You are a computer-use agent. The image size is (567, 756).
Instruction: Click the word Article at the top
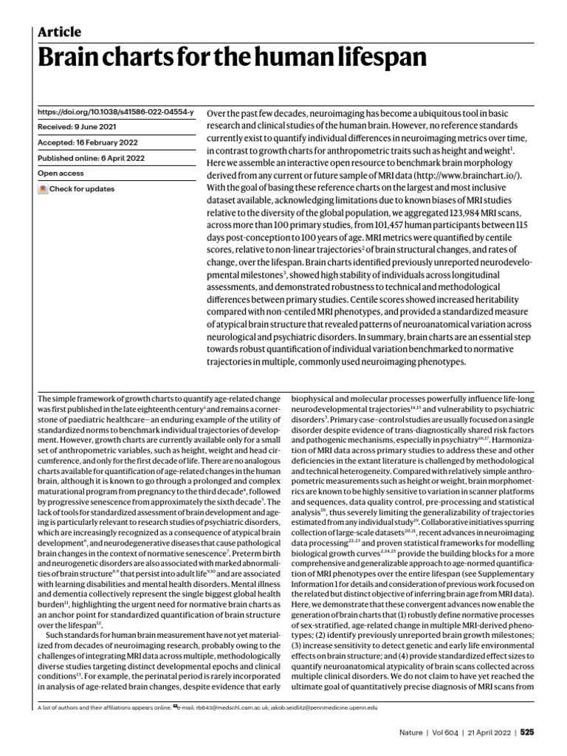(x=59, y=32)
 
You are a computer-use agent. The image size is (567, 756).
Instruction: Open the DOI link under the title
(x=115, y=111)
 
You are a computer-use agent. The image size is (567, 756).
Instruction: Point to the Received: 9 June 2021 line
(x=79, y=127)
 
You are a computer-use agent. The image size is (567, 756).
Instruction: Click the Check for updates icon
(x=43, y=190)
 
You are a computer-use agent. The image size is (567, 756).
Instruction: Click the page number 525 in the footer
(x=526, y=733)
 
